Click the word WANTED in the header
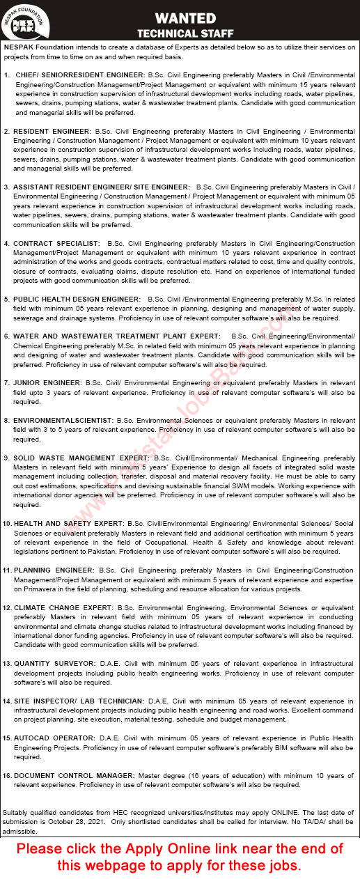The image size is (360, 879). pos(185,18)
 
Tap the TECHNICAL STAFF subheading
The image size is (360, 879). pos(185,33)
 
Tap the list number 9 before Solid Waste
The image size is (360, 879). pos(6,458)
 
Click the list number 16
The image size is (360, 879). pos(7,775)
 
